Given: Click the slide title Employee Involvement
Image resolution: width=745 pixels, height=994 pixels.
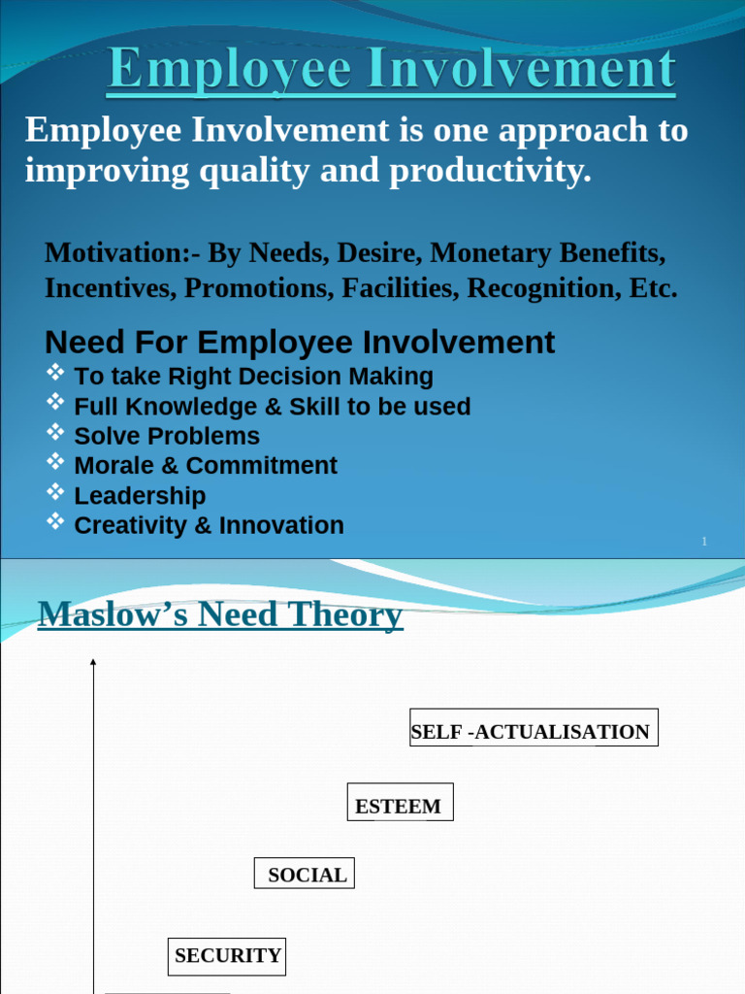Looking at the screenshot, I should tap(391, 71).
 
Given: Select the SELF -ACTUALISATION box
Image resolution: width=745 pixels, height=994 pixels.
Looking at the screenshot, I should tap(534, 728).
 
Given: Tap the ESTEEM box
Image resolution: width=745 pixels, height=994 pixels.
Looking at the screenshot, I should tap(400, 803).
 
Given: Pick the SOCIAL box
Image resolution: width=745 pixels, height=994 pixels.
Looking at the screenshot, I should tap(305, 874).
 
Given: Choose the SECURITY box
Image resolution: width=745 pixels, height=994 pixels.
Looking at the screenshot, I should tap(227, 956).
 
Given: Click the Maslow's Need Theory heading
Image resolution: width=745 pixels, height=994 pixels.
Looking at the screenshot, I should tap(220, 614).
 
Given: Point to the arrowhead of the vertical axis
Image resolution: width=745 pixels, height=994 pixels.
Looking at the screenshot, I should tap(93, 662).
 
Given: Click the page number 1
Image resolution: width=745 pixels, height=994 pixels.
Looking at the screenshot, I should tap(704, 542).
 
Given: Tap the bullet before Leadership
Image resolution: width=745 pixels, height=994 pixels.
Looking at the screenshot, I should tap(55, 492).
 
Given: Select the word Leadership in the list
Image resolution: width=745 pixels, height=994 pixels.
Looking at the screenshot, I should tap(140, 496).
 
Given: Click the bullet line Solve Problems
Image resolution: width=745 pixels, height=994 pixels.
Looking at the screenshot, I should tap(167, 436).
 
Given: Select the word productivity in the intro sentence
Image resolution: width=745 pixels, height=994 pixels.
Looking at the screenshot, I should tap(490, 171).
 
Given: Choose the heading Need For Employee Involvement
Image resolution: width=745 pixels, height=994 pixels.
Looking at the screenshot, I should tap(300, 342).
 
